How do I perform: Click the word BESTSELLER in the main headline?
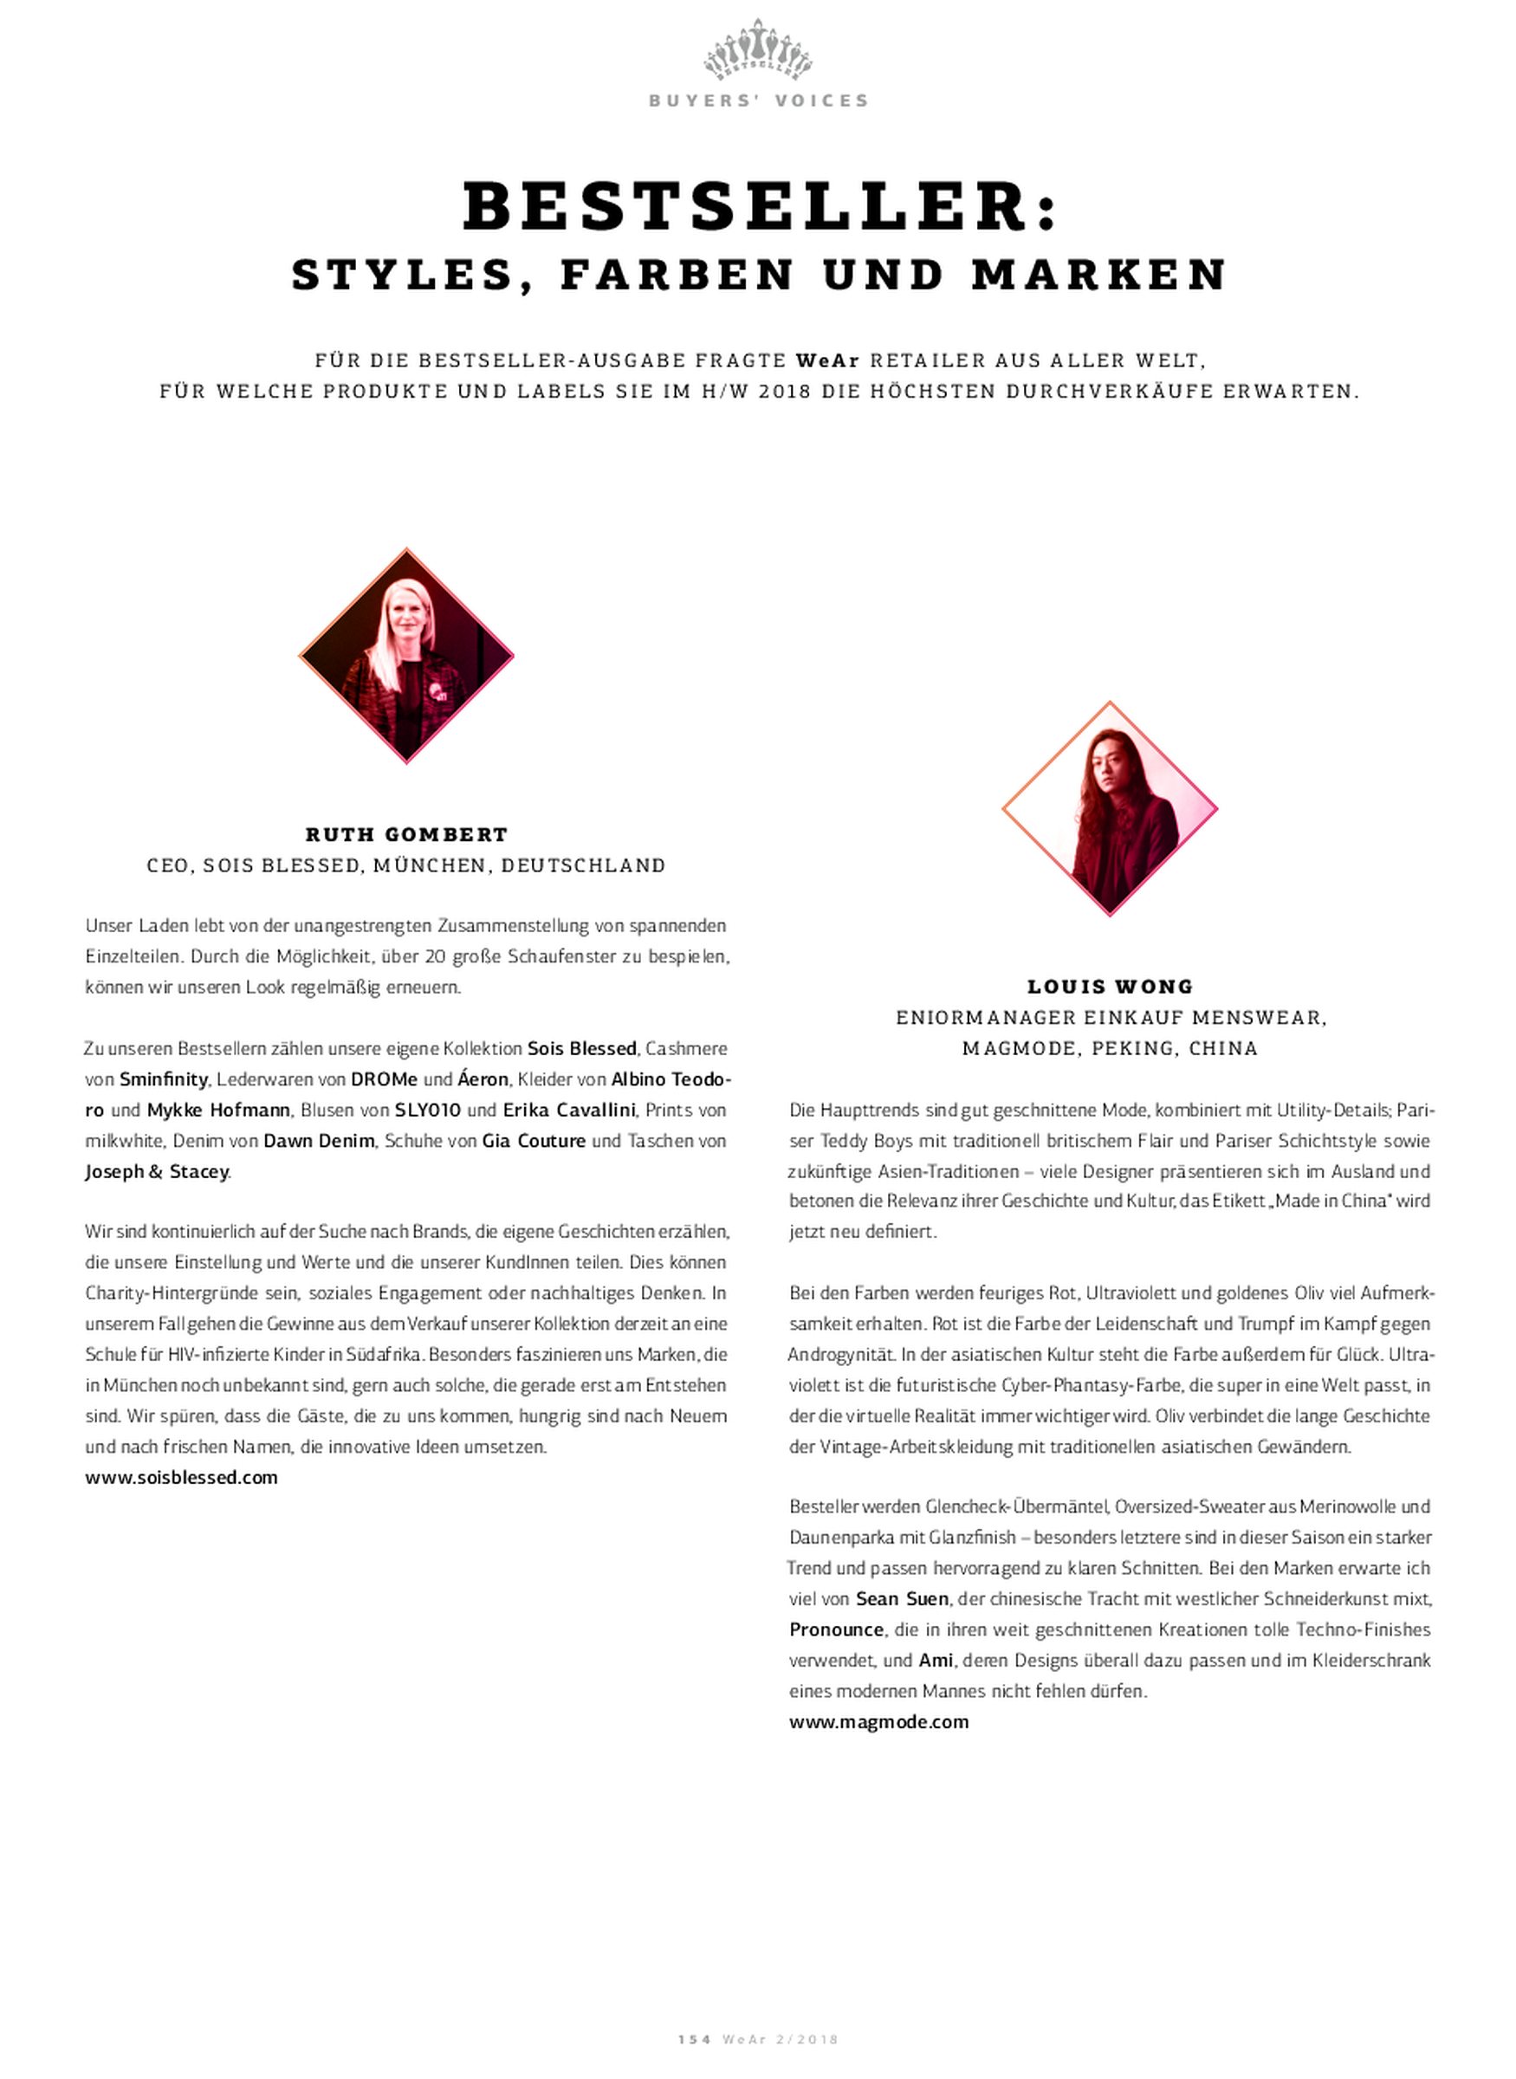(745, 208)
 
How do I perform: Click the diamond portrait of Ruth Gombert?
(406, 655)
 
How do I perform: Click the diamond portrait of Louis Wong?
(1110, 808)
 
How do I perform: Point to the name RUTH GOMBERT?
(406, 834)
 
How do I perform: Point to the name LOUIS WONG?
(1111, 987)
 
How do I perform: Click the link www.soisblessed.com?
(182, 1477)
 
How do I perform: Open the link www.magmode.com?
(878, 1721)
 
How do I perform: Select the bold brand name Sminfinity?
(164, 1079)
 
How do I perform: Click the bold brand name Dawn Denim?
(320, 1141)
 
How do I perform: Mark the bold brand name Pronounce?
(836, 1629)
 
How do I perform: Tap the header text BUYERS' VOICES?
(758, 101)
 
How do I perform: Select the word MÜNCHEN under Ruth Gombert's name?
(431, 865)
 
